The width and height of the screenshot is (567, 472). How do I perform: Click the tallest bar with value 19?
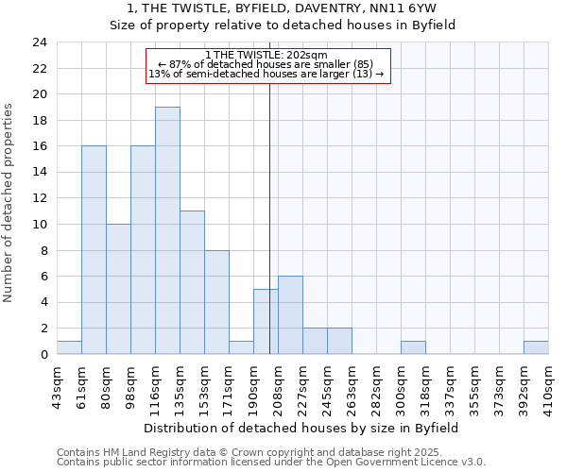click(x=167, y=230)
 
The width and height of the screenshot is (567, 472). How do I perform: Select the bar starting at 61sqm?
click(x=94, y=250)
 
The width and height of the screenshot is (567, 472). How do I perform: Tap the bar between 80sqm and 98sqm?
click(x=118, y=289)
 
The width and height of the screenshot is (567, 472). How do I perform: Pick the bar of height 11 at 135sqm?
click(x=192, y=282)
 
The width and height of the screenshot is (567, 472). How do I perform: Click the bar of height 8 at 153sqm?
click(x=216, y=302)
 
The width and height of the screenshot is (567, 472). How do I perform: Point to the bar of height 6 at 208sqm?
click(x=290, y=315)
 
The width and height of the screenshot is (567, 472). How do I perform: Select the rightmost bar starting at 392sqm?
click(x=536, y=347)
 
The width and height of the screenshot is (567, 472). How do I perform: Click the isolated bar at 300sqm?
click(x=413, y=347)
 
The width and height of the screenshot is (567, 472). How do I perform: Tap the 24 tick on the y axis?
click(x=39, y=42)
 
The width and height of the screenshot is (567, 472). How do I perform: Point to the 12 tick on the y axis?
click(x=39, y=198)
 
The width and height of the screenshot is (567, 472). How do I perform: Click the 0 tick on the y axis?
click(x=43, y=355)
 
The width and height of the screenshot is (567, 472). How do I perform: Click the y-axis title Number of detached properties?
click(x=9, y=204)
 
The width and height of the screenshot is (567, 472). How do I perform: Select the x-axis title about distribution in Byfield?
click(x=301, y=428)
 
